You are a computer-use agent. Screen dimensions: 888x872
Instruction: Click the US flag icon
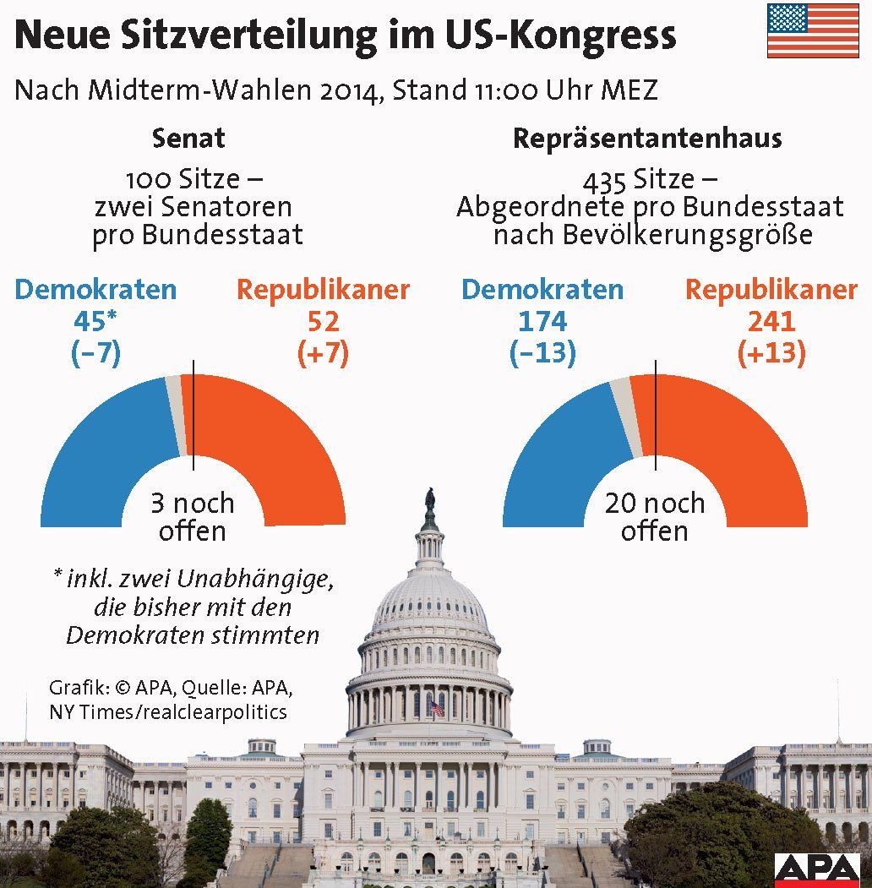pyautogui.click(x=813, y=30)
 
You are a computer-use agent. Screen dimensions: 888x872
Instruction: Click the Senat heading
pyautogui.click(x=188, y=138)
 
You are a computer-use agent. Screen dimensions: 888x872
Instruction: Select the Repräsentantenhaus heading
pyautogui.click(x=647, y=138)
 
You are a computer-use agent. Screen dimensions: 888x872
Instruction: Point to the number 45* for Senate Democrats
pyautogui.click(x=95, y=322)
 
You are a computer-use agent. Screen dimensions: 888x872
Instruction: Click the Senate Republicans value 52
pyautogui.click(x=323, y=322)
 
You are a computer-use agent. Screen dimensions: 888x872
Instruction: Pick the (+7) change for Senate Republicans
pyautogui.click(x=323, y=353)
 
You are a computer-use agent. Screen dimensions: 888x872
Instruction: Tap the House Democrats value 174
pyautogui.click(x=542, y=322)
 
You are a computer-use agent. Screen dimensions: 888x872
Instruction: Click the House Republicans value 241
pyautogui.click(x=771, y=322)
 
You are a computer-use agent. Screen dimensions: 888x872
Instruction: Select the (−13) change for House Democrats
pyautogui.click(x=542, y=353)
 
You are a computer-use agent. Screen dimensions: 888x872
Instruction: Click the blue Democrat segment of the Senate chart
pyautogui.click(x=101, y=456)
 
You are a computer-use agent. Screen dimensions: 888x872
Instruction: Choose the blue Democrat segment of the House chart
pyautogui.click(x=562, y=456)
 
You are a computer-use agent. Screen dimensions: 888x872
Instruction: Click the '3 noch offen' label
pyautogui.click(x=193, y=517)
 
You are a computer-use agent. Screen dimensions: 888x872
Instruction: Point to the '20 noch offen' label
pyautogui.click(x=654, y=517)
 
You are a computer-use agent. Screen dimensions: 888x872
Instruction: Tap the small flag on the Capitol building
pyautogui.click(x=436, y=706)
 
